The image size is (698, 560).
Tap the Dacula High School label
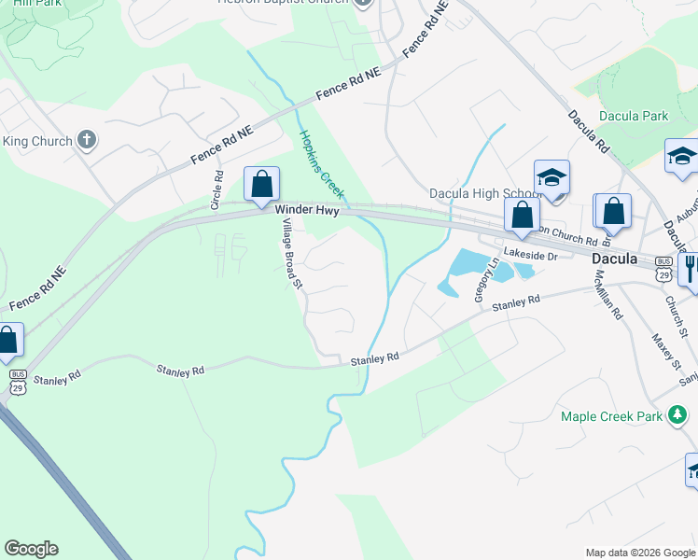tap(479, 194)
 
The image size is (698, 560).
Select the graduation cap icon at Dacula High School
tap(551, 177)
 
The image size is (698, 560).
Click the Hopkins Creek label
tap(315, 157)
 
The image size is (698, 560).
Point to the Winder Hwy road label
tap(306, 211)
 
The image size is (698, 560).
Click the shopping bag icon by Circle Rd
tap(261, 183)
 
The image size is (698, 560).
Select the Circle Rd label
tap(216, 190)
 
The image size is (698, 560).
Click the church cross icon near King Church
tap(88, 141)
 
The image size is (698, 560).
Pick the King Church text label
tap(37, 141)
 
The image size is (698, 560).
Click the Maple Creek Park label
tap(612, 415)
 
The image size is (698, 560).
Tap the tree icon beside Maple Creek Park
tap(679, 415)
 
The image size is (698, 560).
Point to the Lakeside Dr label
tap(530, 254)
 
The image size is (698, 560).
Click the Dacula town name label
tap(615, 259)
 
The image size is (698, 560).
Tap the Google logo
tap(31, 549)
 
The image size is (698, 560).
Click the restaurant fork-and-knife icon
tap(691, 269)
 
